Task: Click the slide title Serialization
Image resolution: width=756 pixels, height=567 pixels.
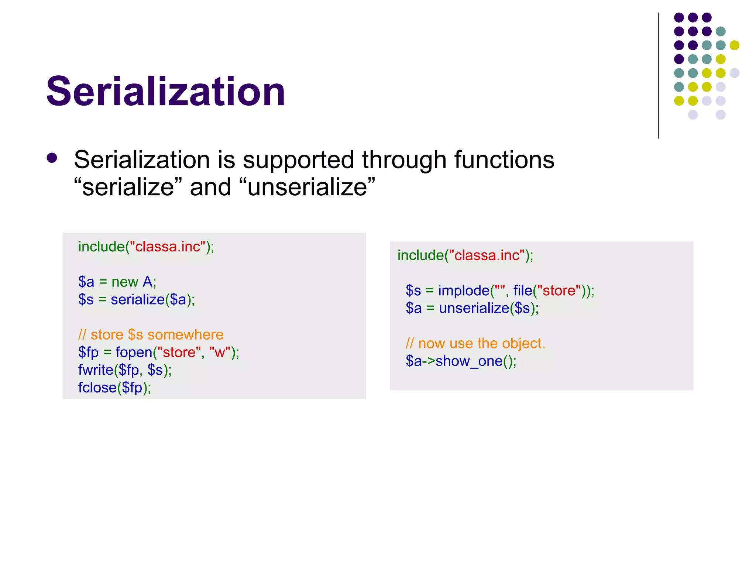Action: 166,91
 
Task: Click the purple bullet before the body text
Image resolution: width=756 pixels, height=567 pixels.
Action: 52,158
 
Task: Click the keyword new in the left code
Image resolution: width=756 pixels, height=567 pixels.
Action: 125,282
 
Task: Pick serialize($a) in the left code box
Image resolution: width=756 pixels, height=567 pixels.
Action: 152,299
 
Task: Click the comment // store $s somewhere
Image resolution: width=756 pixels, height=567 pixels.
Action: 151,335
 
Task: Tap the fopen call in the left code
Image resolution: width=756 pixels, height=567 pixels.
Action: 134,352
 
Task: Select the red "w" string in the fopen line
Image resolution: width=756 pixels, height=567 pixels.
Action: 220,352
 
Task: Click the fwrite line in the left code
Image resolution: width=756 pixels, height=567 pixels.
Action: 125,370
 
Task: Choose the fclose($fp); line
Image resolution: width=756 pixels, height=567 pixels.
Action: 114,388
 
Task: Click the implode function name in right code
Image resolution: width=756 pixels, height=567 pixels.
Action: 464,291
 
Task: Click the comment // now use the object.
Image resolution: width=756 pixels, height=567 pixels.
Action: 475,344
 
